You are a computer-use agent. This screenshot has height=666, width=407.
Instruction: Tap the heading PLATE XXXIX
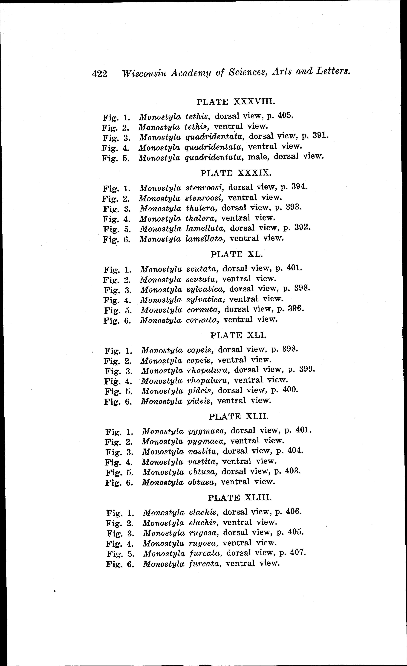pos(236,173)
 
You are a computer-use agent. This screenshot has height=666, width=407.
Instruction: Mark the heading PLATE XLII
pos(239,416)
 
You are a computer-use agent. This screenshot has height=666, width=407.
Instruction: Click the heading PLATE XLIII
pos(240,498)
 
